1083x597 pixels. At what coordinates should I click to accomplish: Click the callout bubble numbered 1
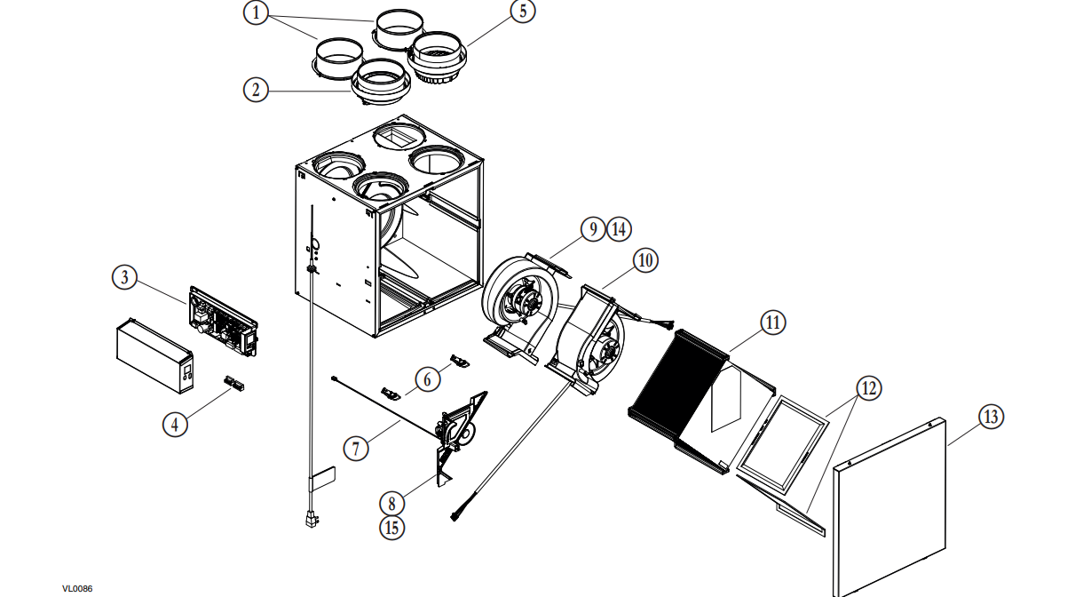256,12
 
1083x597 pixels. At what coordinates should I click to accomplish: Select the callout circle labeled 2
256,90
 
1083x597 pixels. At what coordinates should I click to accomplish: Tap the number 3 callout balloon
125,277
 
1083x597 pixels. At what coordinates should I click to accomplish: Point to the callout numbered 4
175,425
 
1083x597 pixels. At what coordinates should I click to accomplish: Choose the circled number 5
523,11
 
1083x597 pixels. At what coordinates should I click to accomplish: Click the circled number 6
427,379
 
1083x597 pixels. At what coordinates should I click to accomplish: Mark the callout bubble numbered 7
356,449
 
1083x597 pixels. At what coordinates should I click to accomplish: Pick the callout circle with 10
645,260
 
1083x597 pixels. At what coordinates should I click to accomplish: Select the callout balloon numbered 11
772,322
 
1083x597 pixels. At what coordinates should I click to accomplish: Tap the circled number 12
869,388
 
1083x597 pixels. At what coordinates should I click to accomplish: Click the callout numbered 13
992,417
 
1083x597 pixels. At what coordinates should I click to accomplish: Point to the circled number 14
620,229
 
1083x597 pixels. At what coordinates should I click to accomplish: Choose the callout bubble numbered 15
391,528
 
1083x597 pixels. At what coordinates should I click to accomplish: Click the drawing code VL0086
77,589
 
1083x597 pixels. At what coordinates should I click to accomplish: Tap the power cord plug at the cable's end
311,520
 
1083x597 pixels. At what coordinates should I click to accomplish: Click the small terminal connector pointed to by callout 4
234,383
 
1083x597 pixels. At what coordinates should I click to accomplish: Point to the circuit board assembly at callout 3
224,322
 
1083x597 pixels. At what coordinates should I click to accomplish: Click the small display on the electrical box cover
187,372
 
